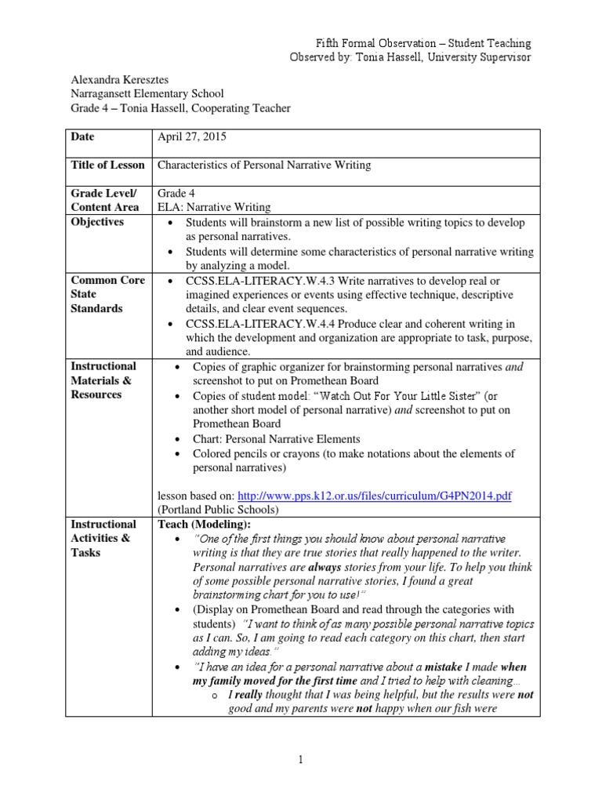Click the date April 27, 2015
(191, 136)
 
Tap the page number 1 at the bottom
(300, 758)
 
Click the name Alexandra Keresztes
(121, 80)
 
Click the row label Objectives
(97, 222)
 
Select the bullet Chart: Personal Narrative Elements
(277, 439)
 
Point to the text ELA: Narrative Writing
(214, 207)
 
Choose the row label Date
(82, 136)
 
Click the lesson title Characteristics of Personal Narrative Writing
(265, 165)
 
